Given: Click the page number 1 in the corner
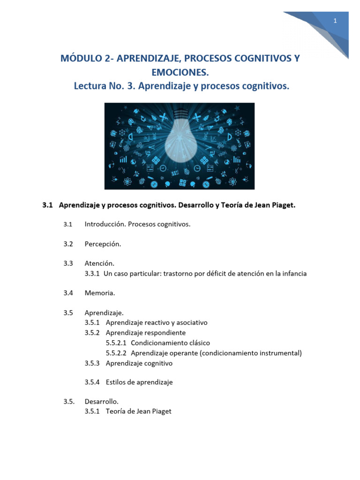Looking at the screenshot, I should (x=335, y=21).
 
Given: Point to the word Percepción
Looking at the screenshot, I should (x=103, y=244).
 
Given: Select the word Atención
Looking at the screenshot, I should (x=99, y=263).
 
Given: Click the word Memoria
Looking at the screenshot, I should (x=100, y=293).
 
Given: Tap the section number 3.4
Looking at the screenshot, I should (x=68, y=293).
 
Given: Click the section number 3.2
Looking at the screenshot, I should (x=68, y=244).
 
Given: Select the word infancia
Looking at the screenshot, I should (x=293, y=273).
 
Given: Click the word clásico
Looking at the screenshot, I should (x=198, y=343).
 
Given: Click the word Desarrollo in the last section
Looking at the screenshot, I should (x=102, y=401).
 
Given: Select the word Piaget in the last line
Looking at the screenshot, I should (x=161, y=411).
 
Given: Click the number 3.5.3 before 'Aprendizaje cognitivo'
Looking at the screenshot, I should (x=92, y=363).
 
